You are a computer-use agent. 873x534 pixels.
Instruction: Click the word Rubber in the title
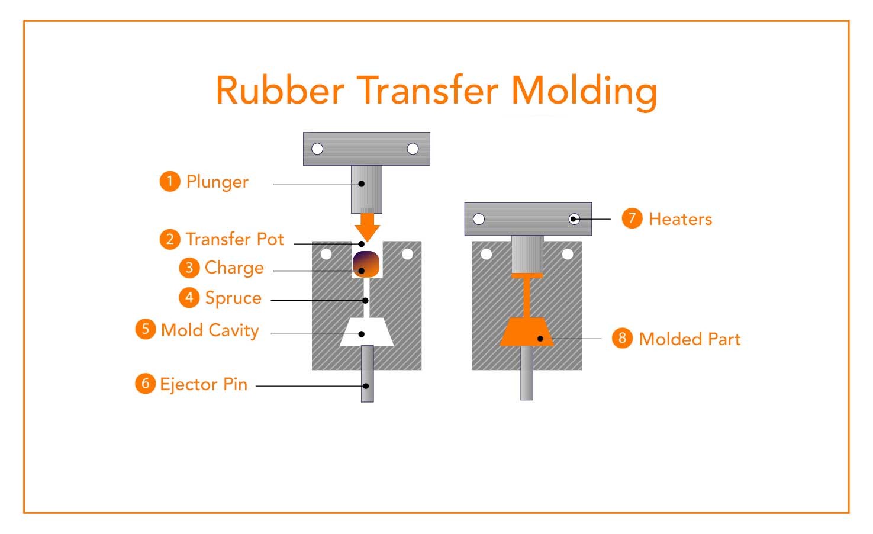point(279,91)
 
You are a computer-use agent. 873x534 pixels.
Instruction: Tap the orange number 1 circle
point(169,181)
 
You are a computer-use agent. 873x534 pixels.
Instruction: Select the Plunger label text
point(217,182)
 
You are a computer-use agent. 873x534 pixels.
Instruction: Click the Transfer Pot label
point(235,239)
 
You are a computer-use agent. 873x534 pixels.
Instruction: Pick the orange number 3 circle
point(189,268)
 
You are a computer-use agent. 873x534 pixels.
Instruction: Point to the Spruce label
point(233,298)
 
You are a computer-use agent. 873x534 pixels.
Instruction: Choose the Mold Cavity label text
point(210,330)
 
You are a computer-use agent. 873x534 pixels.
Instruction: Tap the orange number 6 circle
point(145,384)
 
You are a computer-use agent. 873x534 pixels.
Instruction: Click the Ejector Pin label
point(204,384)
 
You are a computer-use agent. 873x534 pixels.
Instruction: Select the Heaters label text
point(680,219)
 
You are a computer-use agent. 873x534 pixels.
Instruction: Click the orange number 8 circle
point(622,338)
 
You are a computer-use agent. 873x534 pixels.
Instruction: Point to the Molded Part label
point(690,339)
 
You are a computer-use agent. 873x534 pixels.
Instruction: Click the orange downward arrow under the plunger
point(368,226)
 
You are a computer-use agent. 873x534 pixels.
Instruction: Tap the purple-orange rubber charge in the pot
point(366,264)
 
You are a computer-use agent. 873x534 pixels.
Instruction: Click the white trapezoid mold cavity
point(367,332)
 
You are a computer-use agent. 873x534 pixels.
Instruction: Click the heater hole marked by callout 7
point(574,219)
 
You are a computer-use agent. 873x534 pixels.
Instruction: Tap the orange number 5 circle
point(146,329)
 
